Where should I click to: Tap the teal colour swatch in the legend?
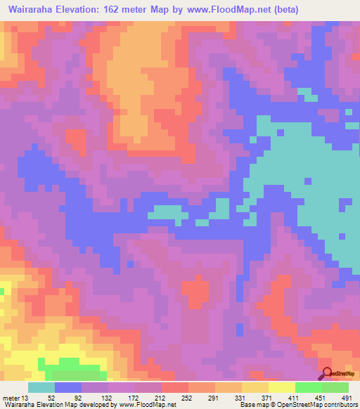tap(41, 387)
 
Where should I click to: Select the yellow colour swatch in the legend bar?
tap(281, 387)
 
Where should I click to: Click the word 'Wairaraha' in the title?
tap(34, 10)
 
